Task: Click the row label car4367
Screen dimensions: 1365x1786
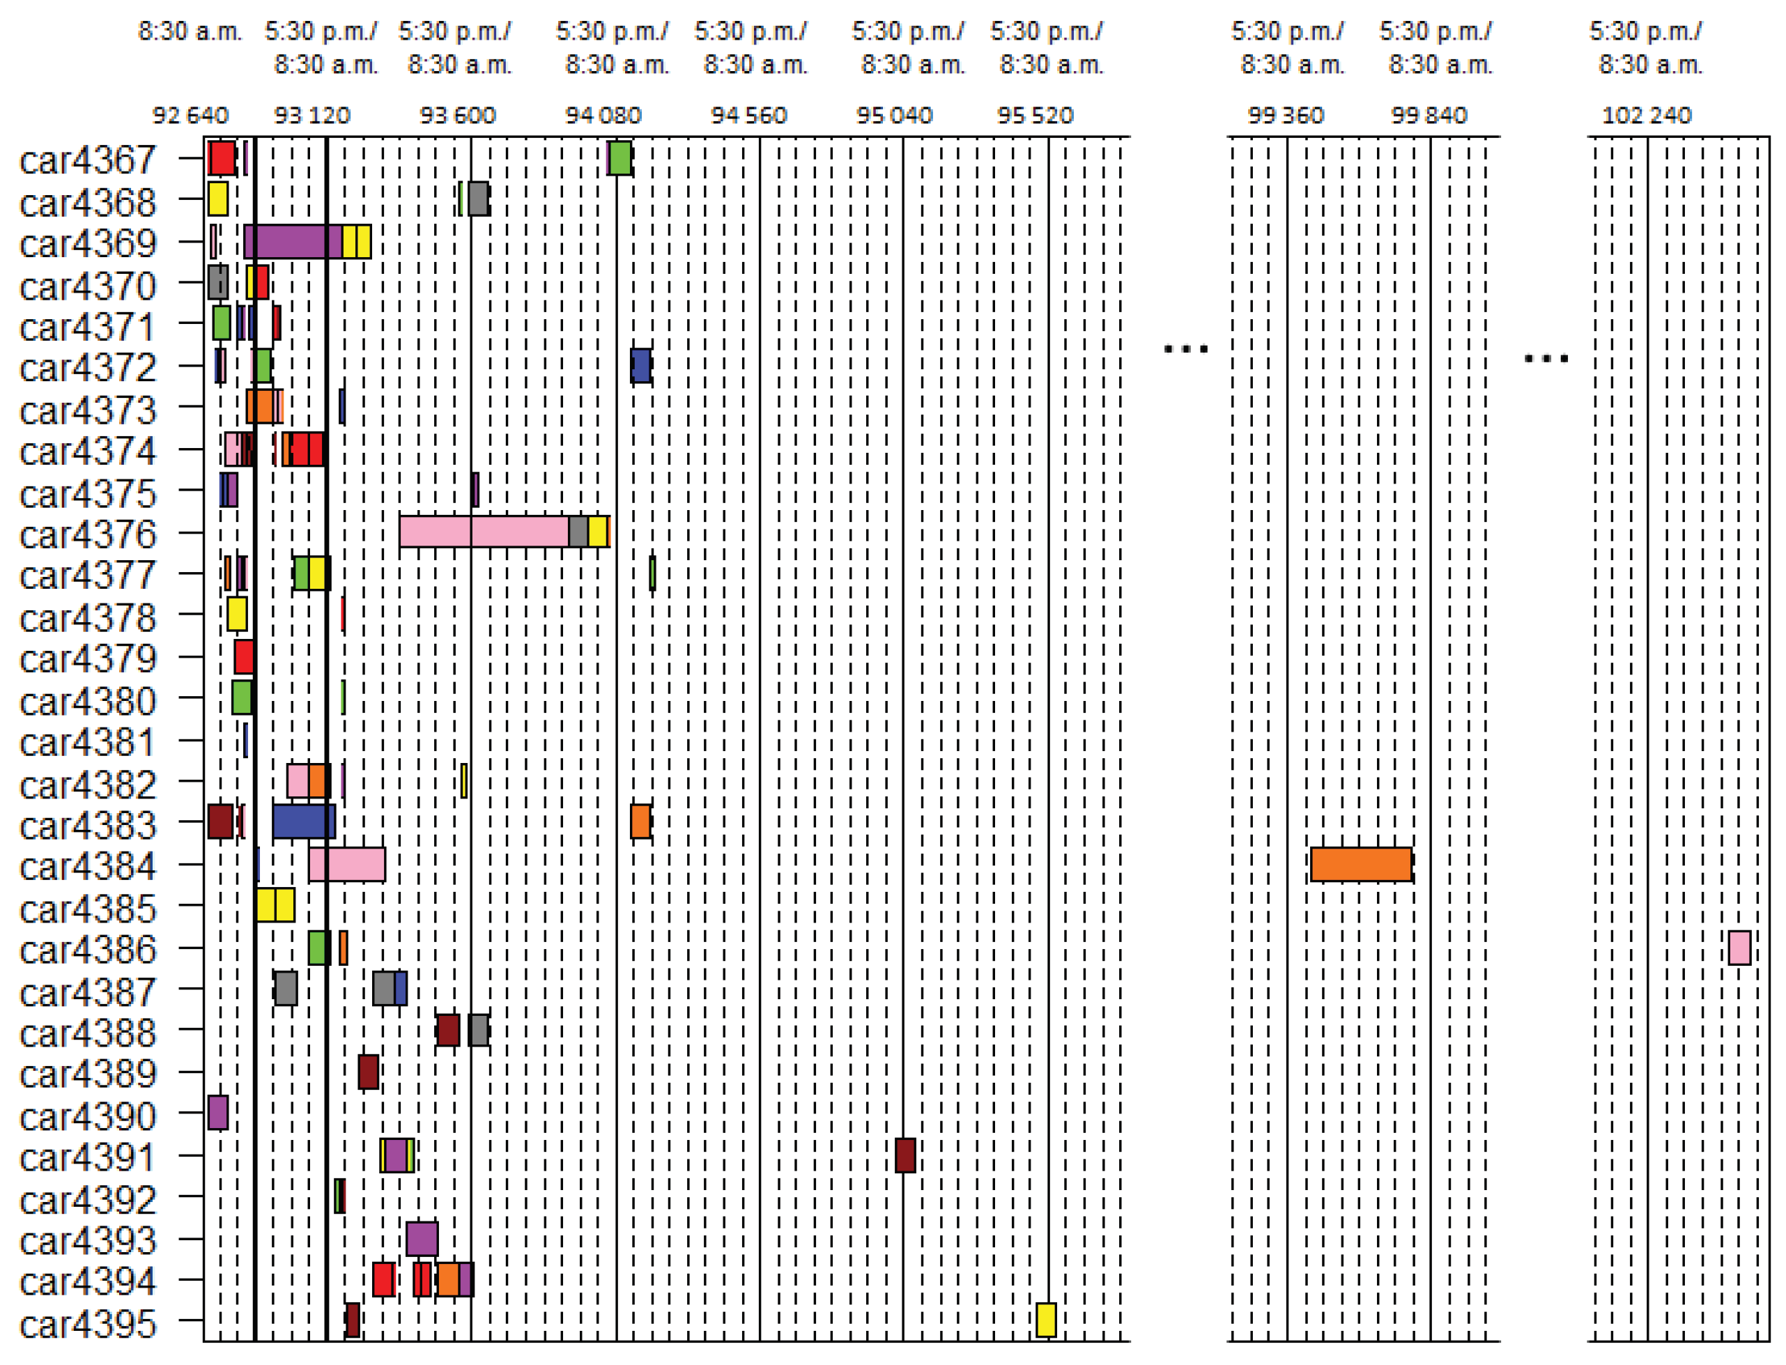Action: [87, 160]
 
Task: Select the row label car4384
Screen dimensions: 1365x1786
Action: [87, 866]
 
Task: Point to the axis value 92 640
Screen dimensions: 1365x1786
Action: [190, 116]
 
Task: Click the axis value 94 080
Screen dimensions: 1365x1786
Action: [603, 116]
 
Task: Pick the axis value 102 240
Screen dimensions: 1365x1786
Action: [1646, 116]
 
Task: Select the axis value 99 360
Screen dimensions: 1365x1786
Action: [1286, 116]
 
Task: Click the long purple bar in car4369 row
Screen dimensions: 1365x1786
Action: [293, 242]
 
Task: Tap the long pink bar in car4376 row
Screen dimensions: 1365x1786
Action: [484, 532]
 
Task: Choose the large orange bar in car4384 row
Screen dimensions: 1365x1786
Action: [1361, 865]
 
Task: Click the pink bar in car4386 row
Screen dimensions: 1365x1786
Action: [1739, 948]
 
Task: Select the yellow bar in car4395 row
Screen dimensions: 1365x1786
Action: [1046, 1320]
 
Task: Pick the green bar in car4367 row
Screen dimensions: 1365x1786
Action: [620, 157]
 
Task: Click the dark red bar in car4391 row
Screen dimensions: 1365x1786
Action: [905, 1155]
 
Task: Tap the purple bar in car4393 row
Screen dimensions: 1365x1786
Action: [422, 1239]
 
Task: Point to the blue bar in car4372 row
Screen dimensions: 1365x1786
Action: [640, 366]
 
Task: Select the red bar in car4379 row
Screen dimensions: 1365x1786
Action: [244, 656]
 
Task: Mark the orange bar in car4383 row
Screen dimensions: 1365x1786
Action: [640, 822]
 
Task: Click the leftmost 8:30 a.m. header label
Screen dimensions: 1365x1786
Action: [190, 31]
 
